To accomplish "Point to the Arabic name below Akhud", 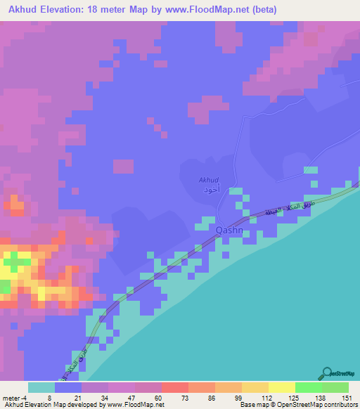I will [x=211, y=190].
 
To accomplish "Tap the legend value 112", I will [x=266, y=397].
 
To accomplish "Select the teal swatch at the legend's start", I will [x=41, y=387].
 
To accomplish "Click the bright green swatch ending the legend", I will [x=335, y=387].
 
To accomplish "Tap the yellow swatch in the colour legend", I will [x=281, y=387].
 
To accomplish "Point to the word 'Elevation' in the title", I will [x=73, y=10].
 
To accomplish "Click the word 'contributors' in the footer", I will [x=340, y=405].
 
